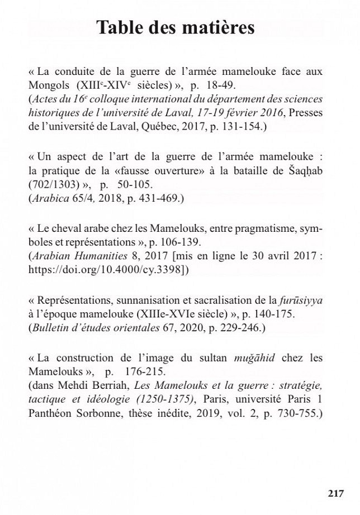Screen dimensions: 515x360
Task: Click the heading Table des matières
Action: coord(175,27)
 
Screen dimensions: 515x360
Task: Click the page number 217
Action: coord(336,493)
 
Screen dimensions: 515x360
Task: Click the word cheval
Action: coord(65,230)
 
